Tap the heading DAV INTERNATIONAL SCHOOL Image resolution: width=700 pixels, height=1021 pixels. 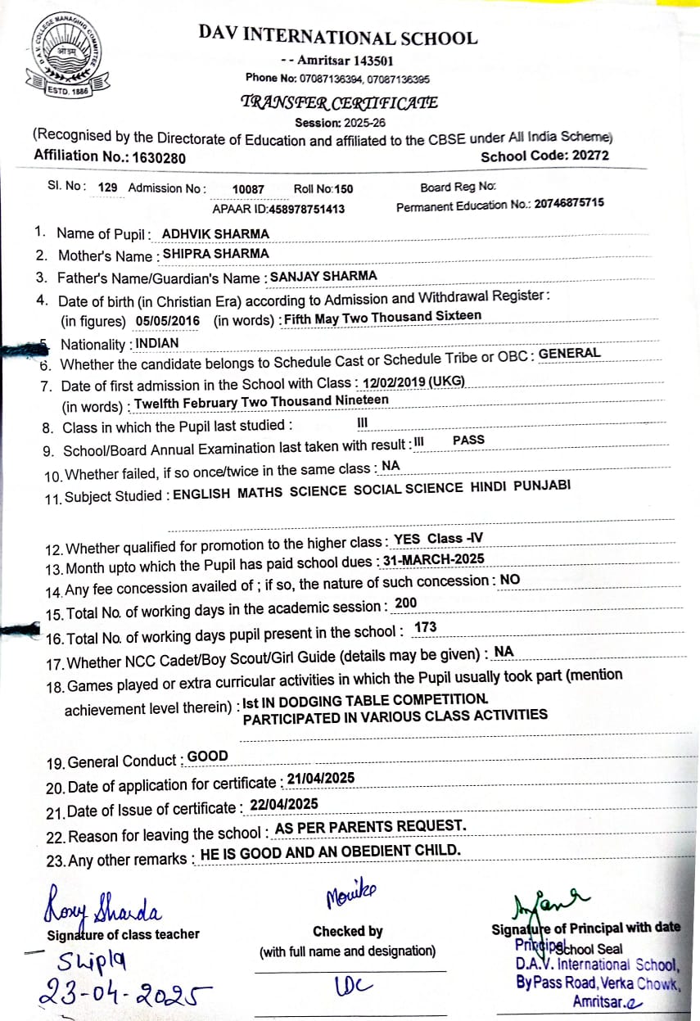pyautogui.click(x=337, y=37)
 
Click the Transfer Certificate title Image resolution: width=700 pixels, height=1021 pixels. pyautogui.click(x=338, y=102)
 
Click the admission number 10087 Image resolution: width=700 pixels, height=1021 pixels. pyautogui.click(x=248, y=189)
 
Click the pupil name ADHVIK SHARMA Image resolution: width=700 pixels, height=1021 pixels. pyautogui.click(x=215, y=233)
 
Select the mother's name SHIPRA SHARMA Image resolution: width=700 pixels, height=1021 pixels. pyautogui.click(x=215, y=254)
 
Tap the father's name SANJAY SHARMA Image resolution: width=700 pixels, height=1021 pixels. pyautogui.click(x=323, y=276)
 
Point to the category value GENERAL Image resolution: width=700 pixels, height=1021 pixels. pyautogui.click(x=569, y=353)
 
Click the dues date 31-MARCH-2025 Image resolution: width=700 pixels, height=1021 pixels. pyautogui.click(x=433, y=559)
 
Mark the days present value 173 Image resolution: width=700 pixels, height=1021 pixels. pyautogui.click(x=426, y=627)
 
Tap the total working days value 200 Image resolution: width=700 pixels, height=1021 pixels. pyautogui.click(x=405, y=603)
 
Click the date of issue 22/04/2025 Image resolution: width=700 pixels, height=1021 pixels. pyautogui.click(x=284, y=804)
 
